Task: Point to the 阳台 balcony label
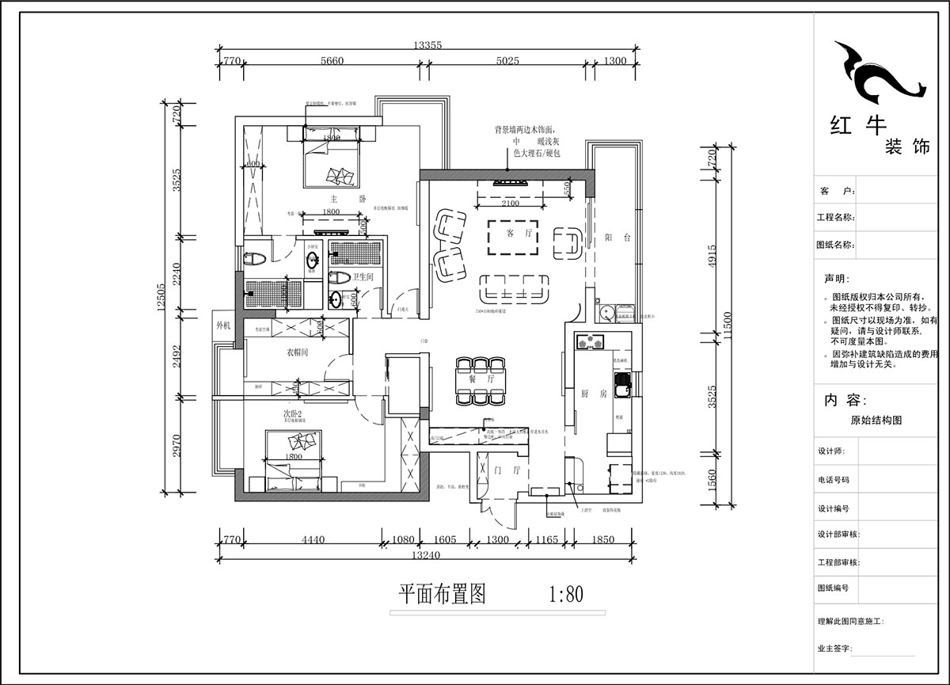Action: click(x=617, y=238)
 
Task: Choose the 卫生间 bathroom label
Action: click(x=363, y=276)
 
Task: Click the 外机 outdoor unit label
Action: click(x=223, y=325)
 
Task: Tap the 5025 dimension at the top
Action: click(x=508, y=60)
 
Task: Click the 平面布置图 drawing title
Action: click(x=441, y=594)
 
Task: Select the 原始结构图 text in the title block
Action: click(x=876, y=421)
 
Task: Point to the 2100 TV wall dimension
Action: click(x=511, y=204)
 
